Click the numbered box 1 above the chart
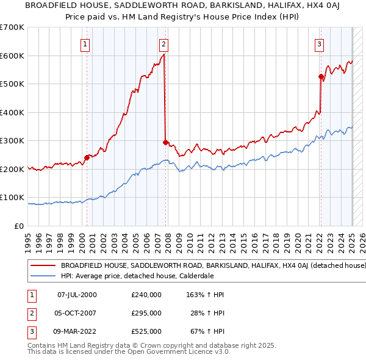coord(85,44)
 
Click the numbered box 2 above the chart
coord(164,44)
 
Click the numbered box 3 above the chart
coord(319,44)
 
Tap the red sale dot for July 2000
coord(87,157)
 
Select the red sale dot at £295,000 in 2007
coord(165,142)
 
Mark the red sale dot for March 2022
coord(321,77)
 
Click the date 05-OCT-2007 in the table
coord(77,313)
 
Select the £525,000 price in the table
coord(146,331)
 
